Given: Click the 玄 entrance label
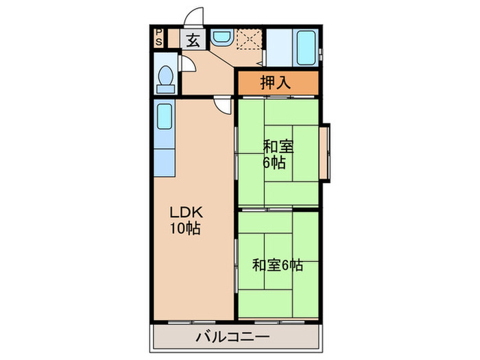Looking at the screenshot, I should pos(193,40).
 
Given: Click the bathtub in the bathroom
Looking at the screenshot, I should pos(307,46).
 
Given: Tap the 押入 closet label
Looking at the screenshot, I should pos(277,83).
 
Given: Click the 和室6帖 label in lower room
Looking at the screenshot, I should pos(277,265).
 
